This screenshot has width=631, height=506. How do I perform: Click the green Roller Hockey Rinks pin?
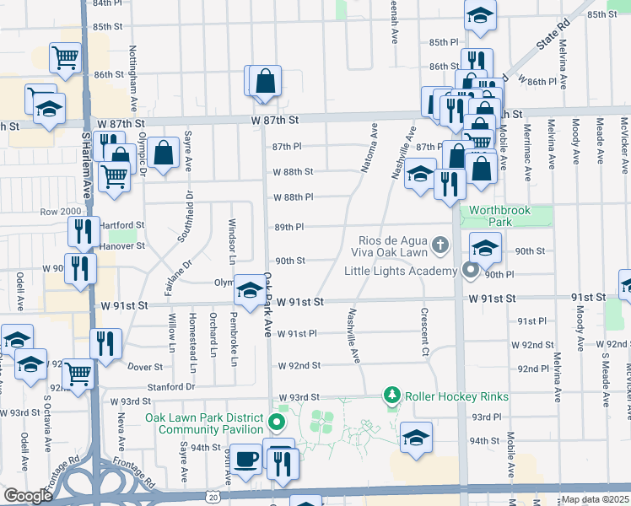(391, 394)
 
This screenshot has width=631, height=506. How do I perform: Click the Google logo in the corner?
(27, 496)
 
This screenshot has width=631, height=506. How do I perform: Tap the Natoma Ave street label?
(368, 148)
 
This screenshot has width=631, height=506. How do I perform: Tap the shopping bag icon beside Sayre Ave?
(164, 153)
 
